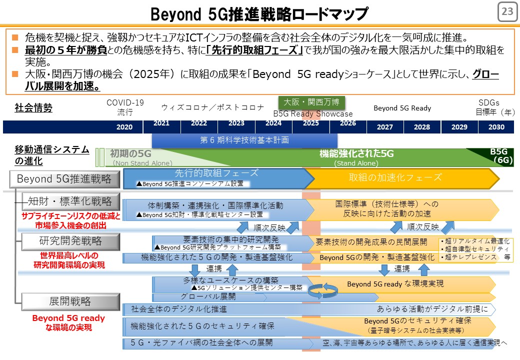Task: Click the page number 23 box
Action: (507, 11)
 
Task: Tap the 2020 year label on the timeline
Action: (124, 127)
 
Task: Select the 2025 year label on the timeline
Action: (310, 123)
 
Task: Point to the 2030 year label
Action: (496, 127)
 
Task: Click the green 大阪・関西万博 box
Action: (311, 102)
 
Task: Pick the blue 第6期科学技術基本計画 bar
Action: (244, 140)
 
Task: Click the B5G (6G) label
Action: (501, 156)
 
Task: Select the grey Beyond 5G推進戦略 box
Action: (64, 179)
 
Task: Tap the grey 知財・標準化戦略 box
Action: (70, 201)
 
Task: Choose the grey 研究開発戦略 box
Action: (70, 241)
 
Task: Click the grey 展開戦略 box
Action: (70, 301)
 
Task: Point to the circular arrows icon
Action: (322, 290)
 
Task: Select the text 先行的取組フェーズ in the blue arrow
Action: (216, 173)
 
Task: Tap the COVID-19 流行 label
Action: (125, 107)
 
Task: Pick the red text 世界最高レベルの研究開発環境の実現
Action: (69, 260)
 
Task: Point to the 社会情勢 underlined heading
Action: (33, 107)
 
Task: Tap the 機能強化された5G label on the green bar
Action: (356, 153)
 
